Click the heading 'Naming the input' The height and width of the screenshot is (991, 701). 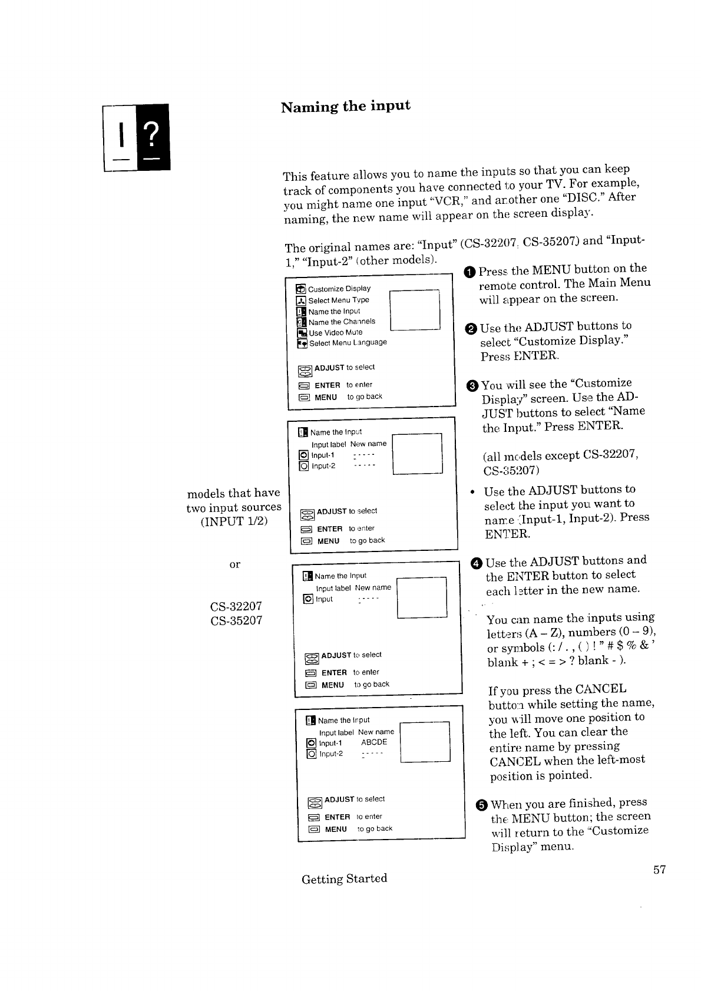(345, 107)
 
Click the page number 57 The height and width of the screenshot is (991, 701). (659, 870)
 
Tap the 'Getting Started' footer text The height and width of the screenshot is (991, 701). (344, 878)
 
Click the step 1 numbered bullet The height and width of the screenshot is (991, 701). (469, 272)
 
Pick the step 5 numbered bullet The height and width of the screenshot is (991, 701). (481, 805)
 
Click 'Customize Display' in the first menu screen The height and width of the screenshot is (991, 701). (339, 289)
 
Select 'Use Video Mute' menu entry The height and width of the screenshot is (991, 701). (335, 332)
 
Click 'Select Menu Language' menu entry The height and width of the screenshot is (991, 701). (348, 343)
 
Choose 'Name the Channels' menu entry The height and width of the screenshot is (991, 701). (342, 322)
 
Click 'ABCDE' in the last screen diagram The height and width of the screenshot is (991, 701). (374, 742)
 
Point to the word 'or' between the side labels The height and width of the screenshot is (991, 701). (234, 564)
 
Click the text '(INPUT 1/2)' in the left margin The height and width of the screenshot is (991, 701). (234, 521)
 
